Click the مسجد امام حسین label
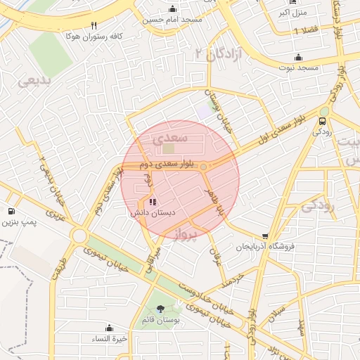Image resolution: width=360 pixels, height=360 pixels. [x=173, y=20]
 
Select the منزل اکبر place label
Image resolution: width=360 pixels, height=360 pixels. [x=293, y=13]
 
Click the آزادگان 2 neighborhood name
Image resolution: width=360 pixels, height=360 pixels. [x=220, y=53]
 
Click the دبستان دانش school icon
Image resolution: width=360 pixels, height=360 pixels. [x=154, y=202]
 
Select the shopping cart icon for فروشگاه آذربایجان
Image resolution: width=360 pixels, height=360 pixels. [x=264, y=237]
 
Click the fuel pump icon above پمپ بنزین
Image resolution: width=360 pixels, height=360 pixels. [x=11, y=212]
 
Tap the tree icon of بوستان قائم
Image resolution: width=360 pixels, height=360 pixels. [x=162, y=309]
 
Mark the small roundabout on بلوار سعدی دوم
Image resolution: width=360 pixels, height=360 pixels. [x=203, y=167]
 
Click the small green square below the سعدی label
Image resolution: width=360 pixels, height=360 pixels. [x=168, y=148]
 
